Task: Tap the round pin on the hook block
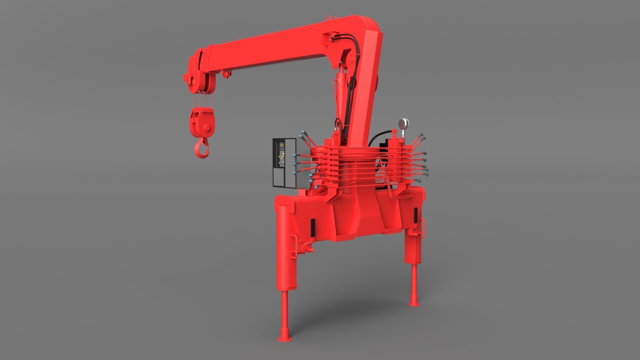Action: [x=207, y=128]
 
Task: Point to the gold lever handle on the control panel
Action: [x=281, y=156]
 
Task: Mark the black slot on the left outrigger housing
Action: [x=313, y=228]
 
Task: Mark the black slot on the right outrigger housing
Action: [x=416, y=215]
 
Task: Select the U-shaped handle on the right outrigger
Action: [x=422, y=228]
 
